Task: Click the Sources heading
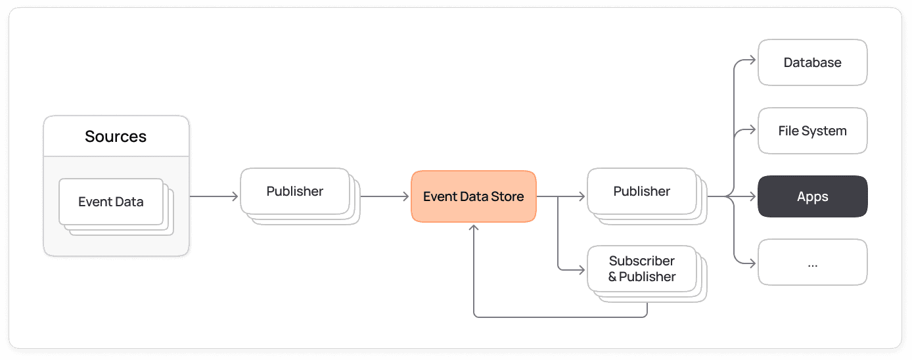116,137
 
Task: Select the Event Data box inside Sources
110,202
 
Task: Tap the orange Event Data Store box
473,196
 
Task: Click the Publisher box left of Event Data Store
294,191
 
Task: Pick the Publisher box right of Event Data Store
641,191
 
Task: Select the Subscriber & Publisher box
641,269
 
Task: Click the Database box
812,62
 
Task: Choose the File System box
812,131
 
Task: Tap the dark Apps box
812,196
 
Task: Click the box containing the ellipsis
812,263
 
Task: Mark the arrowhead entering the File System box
753,130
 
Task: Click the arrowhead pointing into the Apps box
753,196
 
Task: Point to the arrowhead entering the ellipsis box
753,264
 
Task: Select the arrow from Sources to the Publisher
214,196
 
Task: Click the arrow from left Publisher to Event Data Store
384,196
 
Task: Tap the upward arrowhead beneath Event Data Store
474,227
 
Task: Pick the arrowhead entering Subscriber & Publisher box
581,269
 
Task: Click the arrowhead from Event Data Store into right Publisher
581,196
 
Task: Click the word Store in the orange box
507,196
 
